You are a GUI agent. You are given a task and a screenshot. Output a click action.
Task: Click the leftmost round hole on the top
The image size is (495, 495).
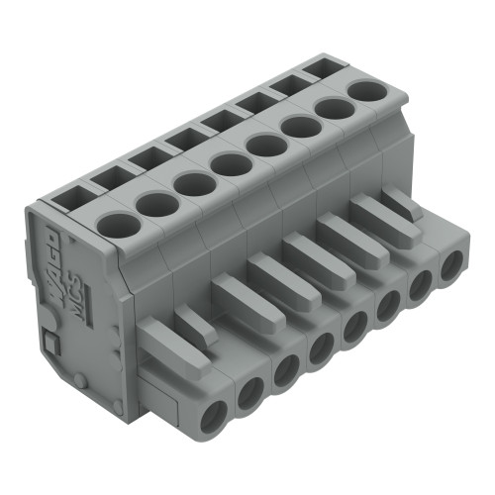pyautogui.click(x=117, y=224)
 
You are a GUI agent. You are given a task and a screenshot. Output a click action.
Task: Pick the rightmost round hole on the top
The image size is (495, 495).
pyautogui.click(x=367, y=92)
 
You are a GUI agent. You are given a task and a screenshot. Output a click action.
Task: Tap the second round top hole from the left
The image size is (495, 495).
pyautogui.click(x=155, y=204)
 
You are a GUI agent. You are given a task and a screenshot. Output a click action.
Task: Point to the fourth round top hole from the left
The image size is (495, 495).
pyautogui.click(x=229, y=164)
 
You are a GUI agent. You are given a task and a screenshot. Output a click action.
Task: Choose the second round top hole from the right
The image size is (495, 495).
pyautogui.click(x=333, y=110)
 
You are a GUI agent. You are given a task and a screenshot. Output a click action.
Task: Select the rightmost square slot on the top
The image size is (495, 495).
pyautogui.click(x=316, y=69)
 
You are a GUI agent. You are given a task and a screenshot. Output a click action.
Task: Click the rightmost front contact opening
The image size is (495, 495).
pyautogui.click(x=453, y=266)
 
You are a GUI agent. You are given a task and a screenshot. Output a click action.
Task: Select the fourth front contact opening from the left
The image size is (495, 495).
pyautogui.click(x=322, y=348)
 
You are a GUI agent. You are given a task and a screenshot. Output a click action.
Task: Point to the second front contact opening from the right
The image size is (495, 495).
pyautogui.click(x=422, y=284)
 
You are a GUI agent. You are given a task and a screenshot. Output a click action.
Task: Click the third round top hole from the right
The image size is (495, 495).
pyautogui.click(x=298, y=128)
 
